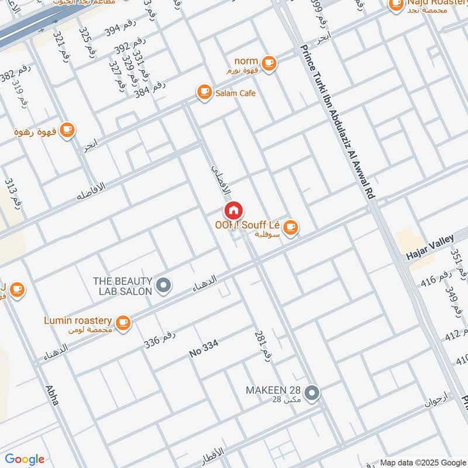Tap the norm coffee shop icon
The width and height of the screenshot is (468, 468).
(269, 63)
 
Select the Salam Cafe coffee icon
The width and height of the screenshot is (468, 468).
(204, 92)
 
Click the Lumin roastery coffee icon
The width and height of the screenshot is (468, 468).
(123, 322)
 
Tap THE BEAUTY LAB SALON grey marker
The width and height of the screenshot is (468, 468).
(164, 285)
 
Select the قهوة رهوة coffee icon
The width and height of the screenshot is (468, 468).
(67, 130)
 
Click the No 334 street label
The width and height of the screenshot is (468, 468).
(204, 349)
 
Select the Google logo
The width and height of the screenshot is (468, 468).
(25, 459)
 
